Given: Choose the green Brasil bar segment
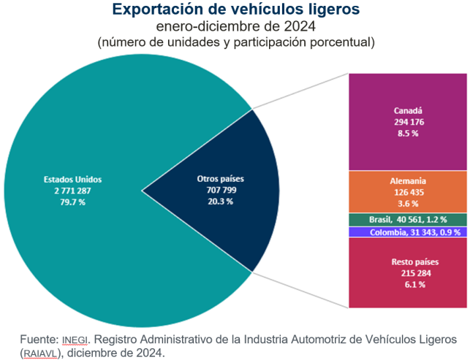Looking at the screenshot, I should pos(408,220).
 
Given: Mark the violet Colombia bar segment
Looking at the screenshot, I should pos(408,232).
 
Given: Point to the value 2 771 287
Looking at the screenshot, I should pos(73,190).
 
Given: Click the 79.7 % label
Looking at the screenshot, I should pos(73,201).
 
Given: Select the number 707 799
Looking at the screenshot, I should pos(221,190).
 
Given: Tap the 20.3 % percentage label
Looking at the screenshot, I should pos(221,201).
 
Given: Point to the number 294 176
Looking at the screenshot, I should pos(408,123).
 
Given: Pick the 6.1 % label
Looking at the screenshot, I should pos(408,284).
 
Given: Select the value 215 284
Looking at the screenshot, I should pos(408,273).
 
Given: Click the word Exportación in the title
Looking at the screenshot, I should pos(155,9).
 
